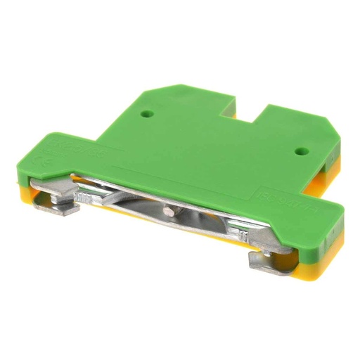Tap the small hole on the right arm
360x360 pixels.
300,150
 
